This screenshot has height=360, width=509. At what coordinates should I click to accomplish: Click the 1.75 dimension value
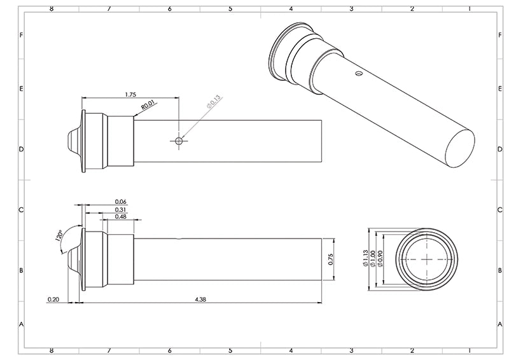click(130, 94)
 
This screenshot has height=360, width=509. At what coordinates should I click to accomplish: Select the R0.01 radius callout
click(148, 105)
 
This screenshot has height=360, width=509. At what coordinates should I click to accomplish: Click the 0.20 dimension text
click(53, 298)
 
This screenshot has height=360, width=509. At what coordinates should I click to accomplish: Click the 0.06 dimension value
click(121, 201)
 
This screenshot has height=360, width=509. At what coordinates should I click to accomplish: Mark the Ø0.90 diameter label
click(380, 258)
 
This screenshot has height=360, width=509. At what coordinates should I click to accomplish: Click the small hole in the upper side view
click(179, 141)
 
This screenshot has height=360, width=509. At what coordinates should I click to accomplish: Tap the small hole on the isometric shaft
click(359, 74)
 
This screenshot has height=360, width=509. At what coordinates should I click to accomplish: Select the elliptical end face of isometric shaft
click(459, 146)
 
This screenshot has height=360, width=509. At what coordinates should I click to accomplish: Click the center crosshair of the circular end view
click(426, 258)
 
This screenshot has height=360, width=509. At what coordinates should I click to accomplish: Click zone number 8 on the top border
click(51, 9)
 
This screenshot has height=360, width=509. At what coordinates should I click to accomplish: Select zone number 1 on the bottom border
click(469, 350)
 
